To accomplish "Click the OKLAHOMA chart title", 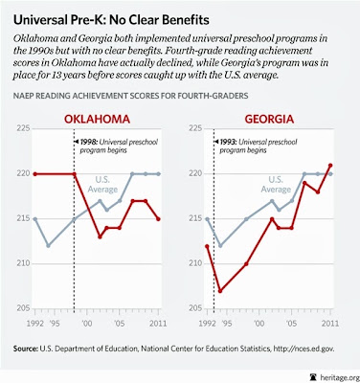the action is pyautogui.click(x=97, y=119).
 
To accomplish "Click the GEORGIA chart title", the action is pyautogui.click(x=269, y=119).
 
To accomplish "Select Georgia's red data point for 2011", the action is pyautogui.click(x=330, y=165).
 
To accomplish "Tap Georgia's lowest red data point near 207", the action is pyautogui.click(x=220, y=291).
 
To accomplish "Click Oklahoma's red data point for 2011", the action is pyautogui.click(x=159, y=219).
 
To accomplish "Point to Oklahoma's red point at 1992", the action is pyautogui.click(x=35, y=174).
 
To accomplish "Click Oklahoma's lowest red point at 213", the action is pyautogui.click(x=100, y=237).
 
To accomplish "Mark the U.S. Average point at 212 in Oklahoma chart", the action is pyautogui.click(x=48, y=246).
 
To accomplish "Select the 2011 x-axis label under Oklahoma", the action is pyautogui.click(x=158, y=324).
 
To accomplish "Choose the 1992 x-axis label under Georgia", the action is pyautogui.click(x=208, y=324).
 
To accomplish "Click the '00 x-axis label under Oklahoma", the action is pyautogui.click(x=86, y=324).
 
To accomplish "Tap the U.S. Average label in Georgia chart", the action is pyautogui.click(x=276, y=184).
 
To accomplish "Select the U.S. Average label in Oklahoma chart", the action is pyautogui.click(x=102, y=184).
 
